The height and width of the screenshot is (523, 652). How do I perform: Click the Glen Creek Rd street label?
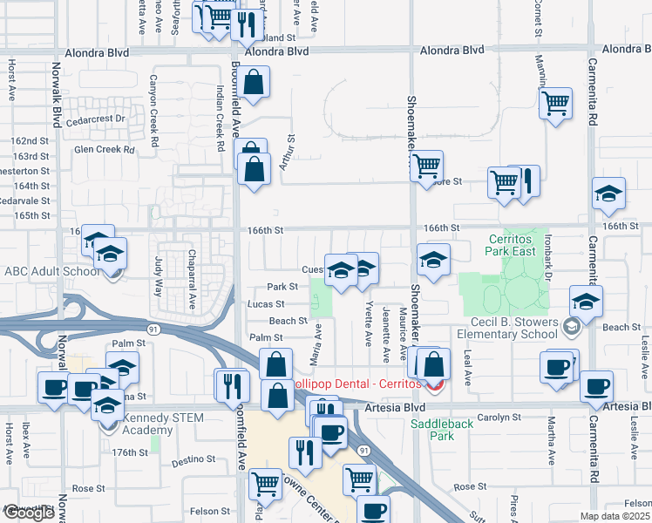click(105, 149)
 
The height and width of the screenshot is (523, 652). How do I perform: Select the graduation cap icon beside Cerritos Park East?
click(433, 259)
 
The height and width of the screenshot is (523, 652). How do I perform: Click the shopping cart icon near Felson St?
click(265, 484)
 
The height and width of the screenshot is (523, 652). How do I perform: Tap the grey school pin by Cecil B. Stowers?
click(571, 327)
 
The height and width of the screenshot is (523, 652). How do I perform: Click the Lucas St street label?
click(266, 304)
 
